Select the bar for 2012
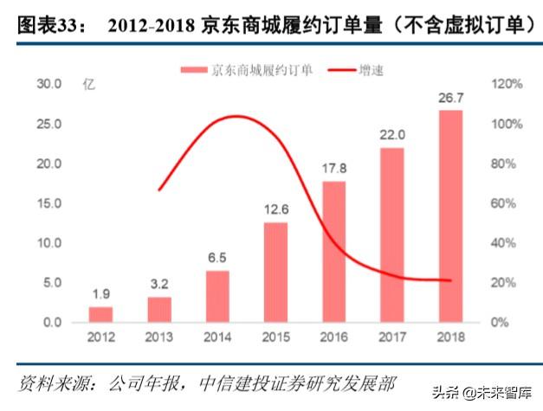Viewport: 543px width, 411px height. pos(100,314)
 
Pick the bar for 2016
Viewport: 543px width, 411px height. pos(333,251)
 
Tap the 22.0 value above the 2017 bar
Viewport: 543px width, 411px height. pos(392,136)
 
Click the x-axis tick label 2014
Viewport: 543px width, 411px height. pos(217,337)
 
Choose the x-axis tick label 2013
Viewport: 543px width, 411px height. pos(159,337)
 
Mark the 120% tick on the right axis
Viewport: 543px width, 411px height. pos(507,84)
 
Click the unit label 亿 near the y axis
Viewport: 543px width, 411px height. pos(87,84)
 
